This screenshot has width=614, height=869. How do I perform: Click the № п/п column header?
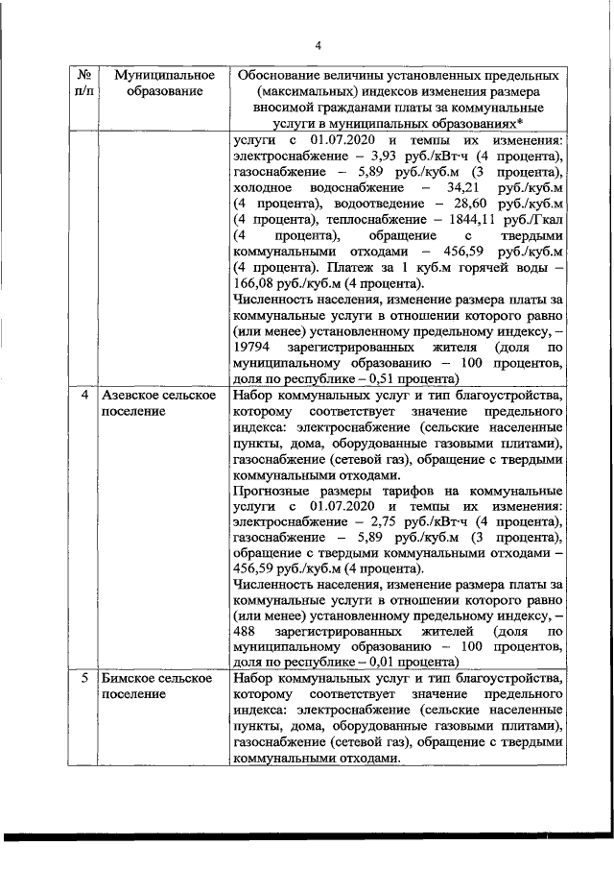click(x=84, y=83)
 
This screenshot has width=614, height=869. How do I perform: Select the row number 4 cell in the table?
click(x=84, y=396)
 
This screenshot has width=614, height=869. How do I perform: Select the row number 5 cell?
click(x=84, y=679)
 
